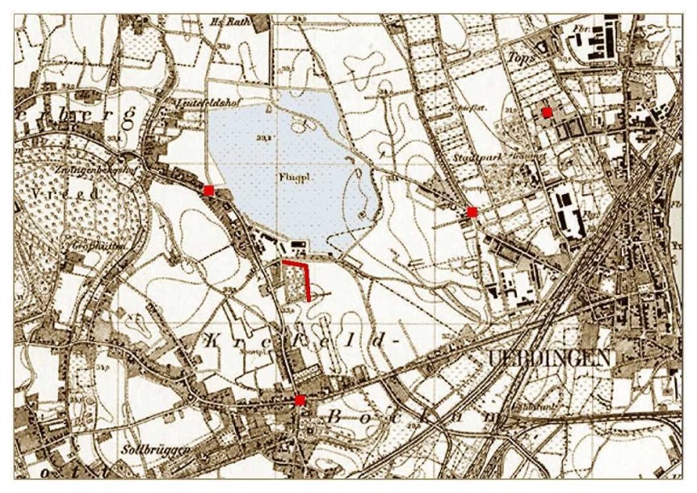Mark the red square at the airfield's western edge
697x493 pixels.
click(x=208, y=190)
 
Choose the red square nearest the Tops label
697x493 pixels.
click(x=547, y=112)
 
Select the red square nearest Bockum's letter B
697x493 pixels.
click(x=300, y=400)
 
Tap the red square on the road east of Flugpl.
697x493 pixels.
click(x=472, y=212)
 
